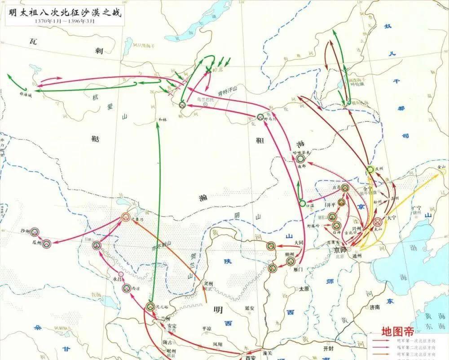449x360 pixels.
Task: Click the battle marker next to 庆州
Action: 370,169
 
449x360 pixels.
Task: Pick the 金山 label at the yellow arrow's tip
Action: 442,167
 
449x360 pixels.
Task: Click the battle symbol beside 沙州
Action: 35,231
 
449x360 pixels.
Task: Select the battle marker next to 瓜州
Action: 46,244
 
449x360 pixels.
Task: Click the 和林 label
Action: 162,120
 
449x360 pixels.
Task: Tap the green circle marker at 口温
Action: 303,203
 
